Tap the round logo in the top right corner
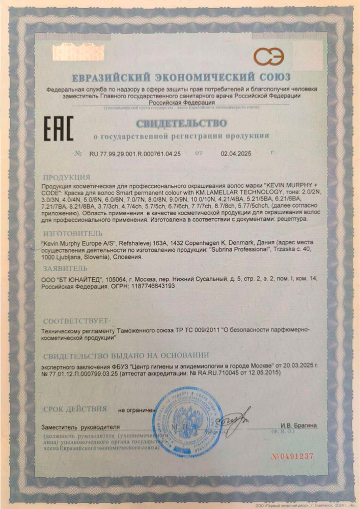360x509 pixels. (x=269, y=57)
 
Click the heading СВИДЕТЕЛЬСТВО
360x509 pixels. (x=181, y=123)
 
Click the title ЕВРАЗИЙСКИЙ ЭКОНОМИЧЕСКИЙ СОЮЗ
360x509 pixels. (x=181, y=77)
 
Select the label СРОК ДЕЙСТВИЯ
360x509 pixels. (x=75, y=408)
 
